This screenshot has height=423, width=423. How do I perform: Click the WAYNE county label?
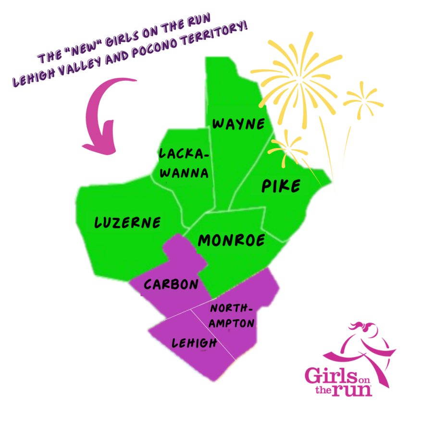coord(238,124)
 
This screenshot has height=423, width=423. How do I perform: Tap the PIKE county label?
coord(281,186)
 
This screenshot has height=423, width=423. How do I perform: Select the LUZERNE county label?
coord(127,223)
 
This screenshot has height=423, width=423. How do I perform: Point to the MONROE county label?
coord(232,240)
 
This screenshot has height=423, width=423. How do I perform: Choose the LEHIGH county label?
coord(194,343)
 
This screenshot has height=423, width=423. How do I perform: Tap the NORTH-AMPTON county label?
coord(232,316)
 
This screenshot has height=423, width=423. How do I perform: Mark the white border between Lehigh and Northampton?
coord(213,334)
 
